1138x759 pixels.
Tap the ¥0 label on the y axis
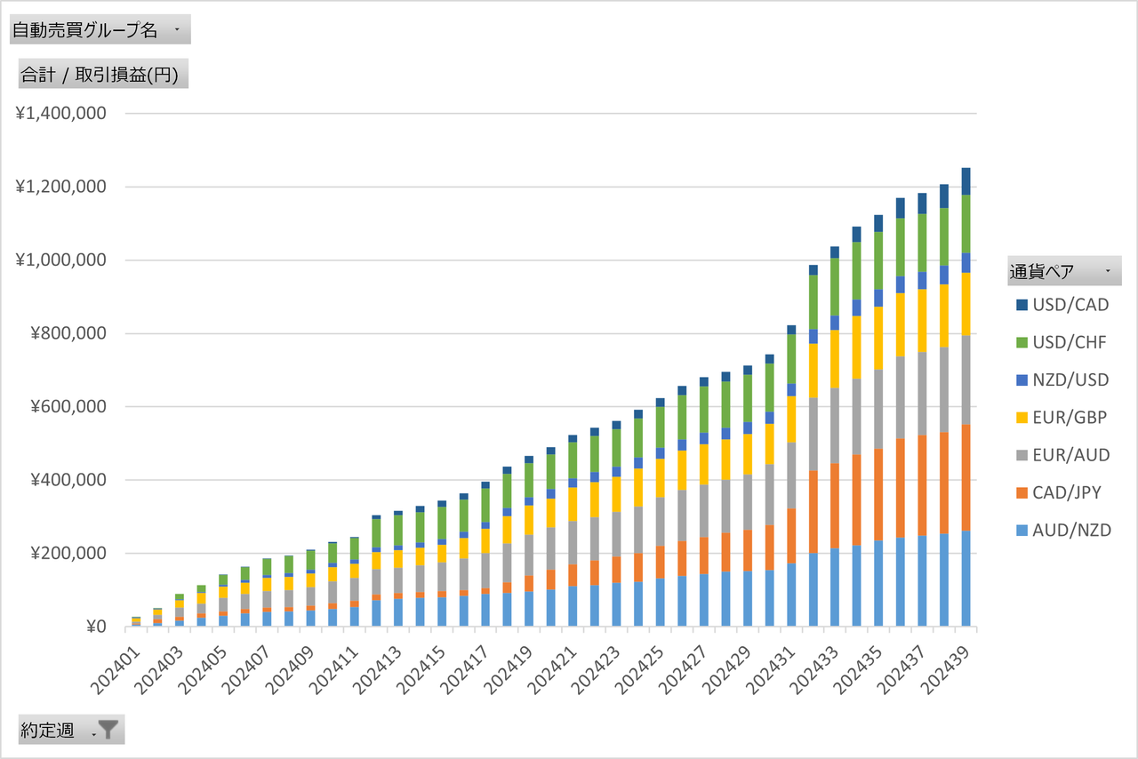coord(95,627)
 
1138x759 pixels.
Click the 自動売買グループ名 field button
coord(99,30)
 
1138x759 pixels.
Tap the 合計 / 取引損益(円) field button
coord(103,75)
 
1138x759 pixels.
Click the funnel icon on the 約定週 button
coord(108,730)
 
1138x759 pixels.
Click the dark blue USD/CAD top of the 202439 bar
coord(966,180)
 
